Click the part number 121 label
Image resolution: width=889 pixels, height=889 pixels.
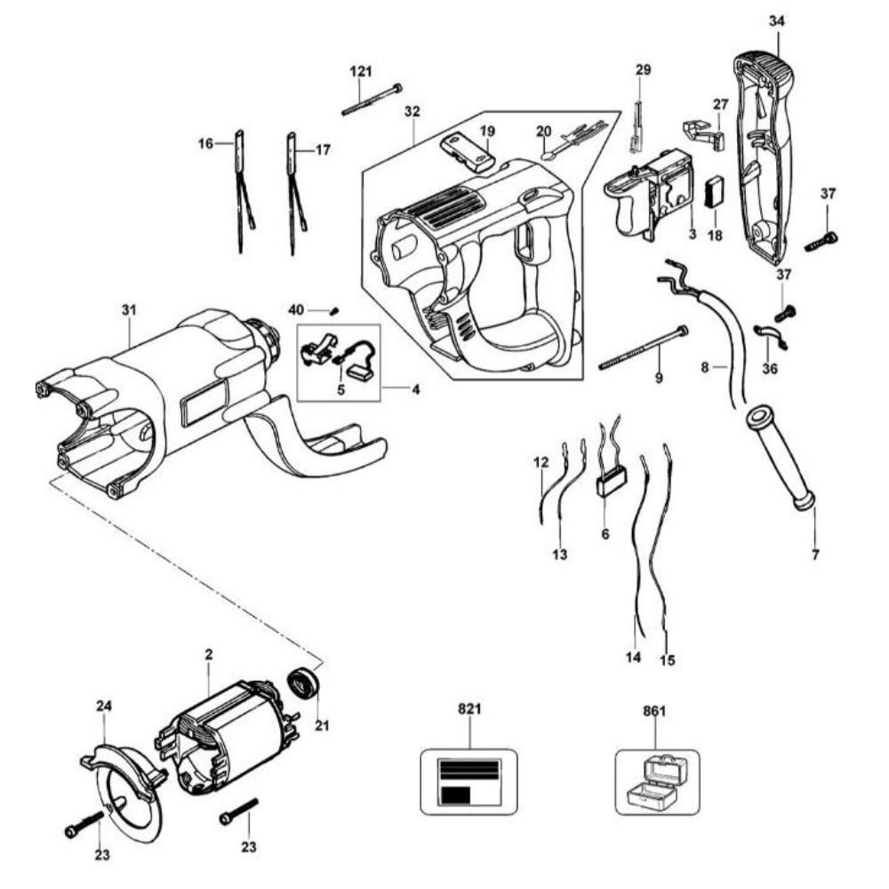(361, 71)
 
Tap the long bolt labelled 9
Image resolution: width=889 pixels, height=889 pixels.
(644, 348)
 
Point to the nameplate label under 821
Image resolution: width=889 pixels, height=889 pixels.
(469, 782)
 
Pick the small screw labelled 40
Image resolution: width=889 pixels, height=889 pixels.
(335, 310)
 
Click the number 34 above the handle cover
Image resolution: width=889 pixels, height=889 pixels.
(776, 21)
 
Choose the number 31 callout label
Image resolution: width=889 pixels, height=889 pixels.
(129, 310)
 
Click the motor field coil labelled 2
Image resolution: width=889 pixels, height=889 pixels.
(228, 737)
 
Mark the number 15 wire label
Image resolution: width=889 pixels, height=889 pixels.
(668, 661)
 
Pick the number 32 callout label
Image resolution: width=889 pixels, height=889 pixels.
(412, 111)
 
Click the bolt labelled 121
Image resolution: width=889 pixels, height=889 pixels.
(372, 100)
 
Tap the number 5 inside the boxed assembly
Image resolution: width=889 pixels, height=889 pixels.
(340, 390)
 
